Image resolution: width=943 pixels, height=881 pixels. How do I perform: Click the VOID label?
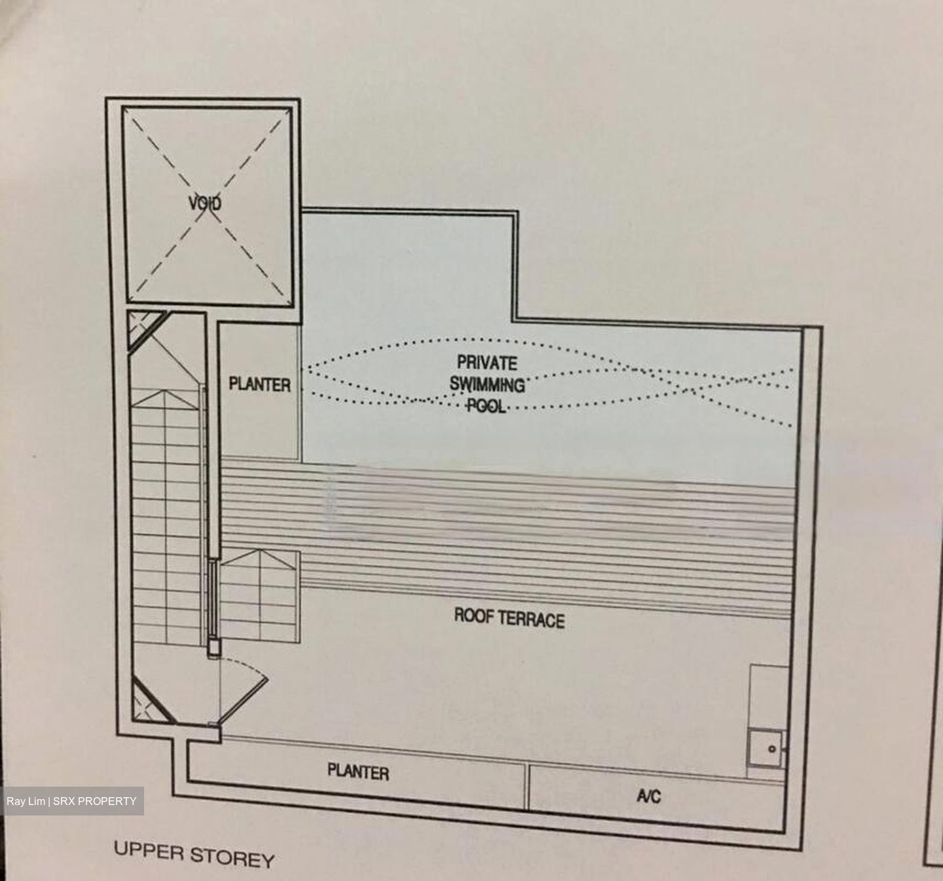(x=205, y=203)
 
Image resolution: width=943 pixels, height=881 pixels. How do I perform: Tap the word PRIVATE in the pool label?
(x=487, y=363)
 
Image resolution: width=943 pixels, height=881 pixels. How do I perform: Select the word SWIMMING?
(x=487, y=384)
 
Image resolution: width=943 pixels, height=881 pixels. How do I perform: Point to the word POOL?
(x=486, y=405)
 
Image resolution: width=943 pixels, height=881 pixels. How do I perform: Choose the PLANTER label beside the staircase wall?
(x=260, y=384)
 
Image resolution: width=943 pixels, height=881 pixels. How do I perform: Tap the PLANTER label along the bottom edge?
(x=358, y=772)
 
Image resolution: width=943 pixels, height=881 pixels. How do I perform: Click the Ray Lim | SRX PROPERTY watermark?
(x=71, y=801)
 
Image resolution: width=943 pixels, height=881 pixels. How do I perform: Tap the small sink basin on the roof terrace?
(x=766, y=749)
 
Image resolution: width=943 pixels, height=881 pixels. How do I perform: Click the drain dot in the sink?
(x=772, y=749)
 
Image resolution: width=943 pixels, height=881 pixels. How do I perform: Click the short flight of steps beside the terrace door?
(x=260, y=597)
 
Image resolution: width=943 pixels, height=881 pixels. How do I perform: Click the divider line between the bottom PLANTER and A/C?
(x=527, y=786)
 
